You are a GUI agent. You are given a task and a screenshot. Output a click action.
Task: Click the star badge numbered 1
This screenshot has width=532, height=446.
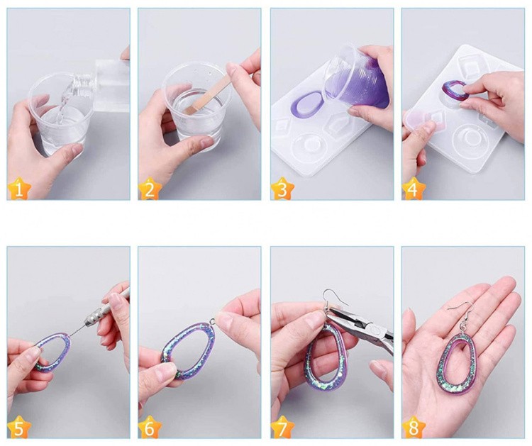[18, 189]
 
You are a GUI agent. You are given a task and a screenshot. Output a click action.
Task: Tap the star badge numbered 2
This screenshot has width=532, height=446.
[149, 189]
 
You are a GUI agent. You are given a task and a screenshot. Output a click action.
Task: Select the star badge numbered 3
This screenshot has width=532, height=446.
[282, 189]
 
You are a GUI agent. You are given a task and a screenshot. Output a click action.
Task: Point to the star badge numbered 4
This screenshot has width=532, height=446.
[414, 189]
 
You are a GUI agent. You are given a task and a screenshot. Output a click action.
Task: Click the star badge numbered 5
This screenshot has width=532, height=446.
[18, 428]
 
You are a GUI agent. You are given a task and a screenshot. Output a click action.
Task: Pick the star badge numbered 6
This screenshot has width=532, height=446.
[149, 428]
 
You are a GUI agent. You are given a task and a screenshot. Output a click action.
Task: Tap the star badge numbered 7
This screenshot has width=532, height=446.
[282, 428]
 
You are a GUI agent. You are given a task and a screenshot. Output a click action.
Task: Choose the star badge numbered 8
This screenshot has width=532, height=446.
[414, 428]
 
